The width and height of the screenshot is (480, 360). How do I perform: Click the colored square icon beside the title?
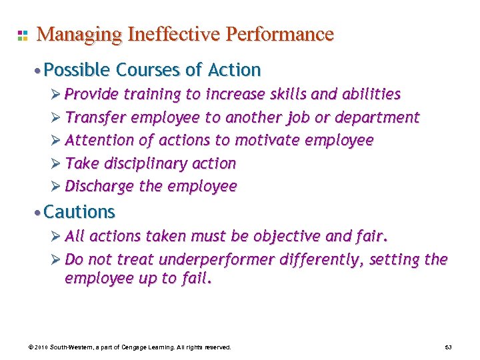22,35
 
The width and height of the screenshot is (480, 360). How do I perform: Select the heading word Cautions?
79,212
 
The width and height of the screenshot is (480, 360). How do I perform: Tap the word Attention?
99,141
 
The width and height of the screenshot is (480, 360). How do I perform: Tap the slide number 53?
448,348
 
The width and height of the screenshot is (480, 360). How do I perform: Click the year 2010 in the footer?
41,348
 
